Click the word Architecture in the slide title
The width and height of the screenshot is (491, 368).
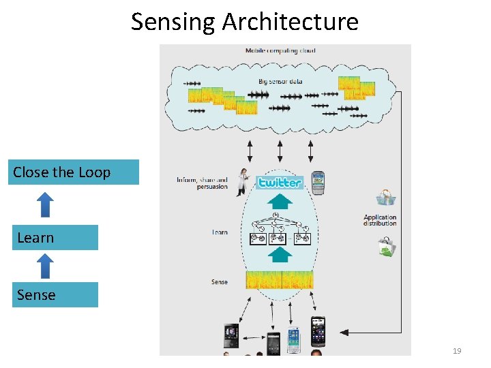290,22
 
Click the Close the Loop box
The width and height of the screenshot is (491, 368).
75,172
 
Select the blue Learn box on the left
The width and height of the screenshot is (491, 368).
55,238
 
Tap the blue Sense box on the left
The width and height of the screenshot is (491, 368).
55,295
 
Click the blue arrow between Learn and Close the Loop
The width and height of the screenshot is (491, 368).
44,205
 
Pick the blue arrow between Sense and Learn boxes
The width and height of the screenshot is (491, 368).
44,266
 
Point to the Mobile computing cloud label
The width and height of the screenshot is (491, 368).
280,50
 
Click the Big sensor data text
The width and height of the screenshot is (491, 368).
280,81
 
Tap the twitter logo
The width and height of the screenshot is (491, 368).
280,182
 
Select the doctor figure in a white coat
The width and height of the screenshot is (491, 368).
241,182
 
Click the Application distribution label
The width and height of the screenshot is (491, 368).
380,220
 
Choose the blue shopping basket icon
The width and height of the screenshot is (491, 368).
386,198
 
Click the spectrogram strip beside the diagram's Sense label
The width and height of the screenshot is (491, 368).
279,279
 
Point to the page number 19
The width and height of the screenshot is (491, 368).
457,351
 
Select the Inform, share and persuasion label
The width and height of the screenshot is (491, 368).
203,183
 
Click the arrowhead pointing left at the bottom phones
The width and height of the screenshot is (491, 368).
344,333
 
